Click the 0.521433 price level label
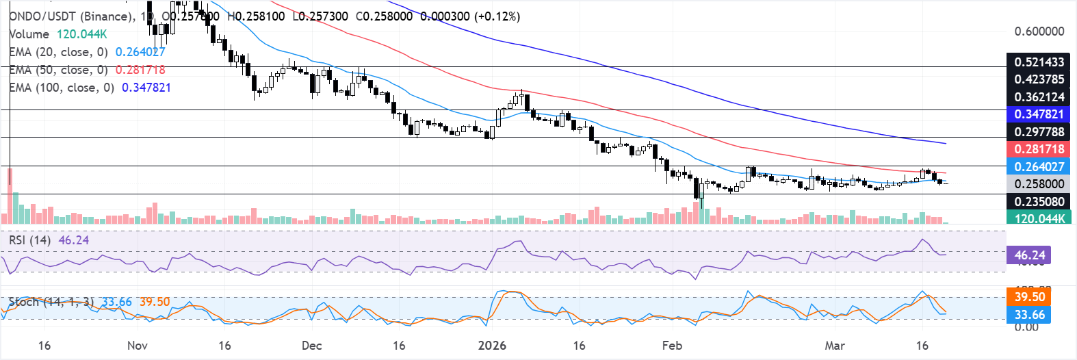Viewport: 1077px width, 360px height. pos(1039,62)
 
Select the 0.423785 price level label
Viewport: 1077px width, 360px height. pos(1039,79)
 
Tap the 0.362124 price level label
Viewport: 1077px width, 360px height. pos(1039,97)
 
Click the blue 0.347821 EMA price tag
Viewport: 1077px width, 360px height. pos(1039,114)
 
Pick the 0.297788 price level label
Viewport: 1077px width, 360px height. pos(1039,132)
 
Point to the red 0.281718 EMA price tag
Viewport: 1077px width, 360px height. pos(1039,149)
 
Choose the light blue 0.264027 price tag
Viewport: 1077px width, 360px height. pos(1039,167)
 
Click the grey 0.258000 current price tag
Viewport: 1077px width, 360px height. pos(1039,184)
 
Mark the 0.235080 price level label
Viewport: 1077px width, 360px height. pos(1039,202)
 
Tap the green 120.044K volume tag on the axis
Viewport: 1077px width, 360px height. pos(1039,219)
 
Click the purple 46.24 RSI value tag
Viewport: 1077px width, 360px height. pos(1029,255)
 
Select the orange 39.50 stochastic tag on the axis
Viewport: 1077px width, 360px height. pos(1029,297)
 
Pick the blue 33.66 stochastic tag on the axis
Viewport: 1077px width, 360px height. pos(1029,315)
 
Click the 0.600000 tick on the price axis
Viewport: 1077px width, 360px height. pos(1039,31)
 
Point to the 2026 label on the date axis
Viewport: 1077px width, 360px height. pos(492,346)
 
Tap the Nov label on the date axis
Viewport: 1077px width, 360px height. pos(138,346)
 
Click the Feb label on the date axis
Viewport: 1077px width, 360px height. pos(672,346)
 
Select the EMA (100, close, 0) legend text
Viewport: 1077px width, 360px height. pos(62,88)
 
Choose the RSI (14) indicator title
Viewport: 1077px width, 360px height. pos(29,240)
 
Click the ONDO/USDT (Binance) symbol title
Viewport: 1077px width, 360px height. pos(71,16)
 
